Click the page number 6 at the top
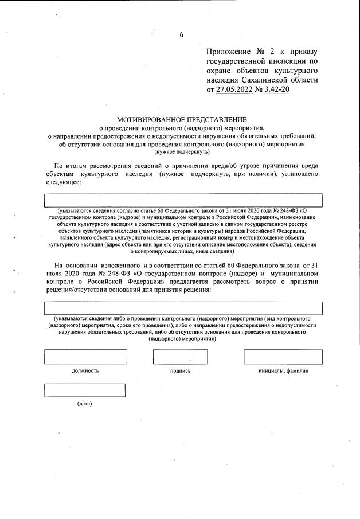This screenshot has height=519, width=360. pyautogui.click(x=182, y=34)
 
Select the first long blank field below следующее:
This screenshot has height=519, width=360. pyautogui.click(x=183, y=200)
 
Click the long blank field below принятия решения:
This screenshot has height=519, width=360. pyautogui.click(x=183, y=308)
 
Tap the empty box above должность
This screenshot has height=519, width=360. pyautogui.click(x=86, y=356)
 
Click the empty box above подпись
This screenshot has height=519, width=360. pyautogui.click(x=180, y=356)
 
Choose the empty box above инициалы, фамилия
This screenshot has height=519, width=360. pyautogui.click(x=283, y=356)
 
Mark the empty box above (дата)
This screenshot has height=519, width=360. pyautogui.click(x=85, y=390)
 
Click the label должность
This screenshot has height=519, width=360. pyautogui.click(x=85, y=371)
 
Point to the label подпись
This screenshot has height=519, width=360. pyautogui.click(x=180, y=371)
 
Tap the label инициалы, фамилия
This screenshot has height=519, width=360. pyautogui.click(x=283, y=371)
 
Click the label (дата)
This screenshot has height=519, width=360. pyautogui.click(x=84, y=404)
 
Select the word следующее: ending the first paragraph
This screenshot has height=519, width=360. pyautogui.click(x=64, y=183)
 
